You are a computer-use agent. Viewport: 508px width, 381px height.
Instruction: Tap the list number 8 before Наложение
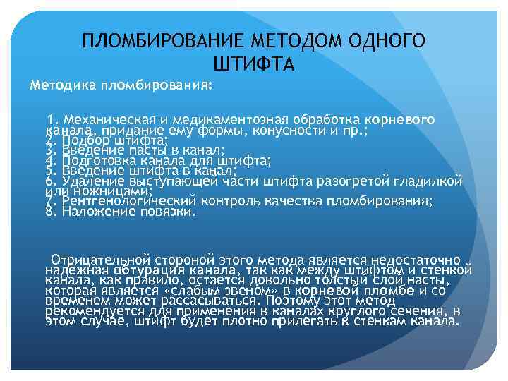pos(49,211)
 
